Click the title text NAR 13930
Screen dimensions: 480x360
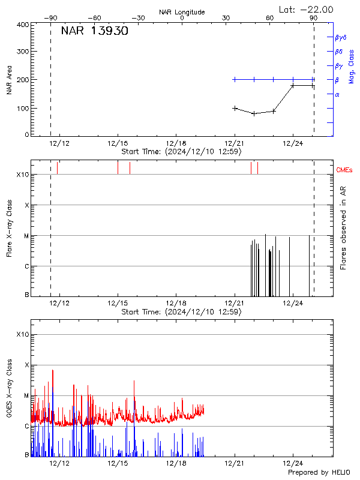[x=94, y=31]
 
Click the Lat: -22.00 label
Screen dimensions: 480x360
[x=307, y=10]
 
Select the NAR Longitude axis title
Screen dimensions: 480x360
[x=182, y=12]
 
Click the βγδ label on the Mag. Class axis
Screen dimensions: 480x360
[x=341, y=37]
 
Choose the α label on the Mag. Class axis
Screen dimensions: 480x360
[x=337, y=94]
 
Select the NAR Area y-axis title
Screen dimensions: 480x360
[x=9, y=80]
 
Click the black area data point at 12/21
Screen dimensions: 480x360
[x=235, y=108]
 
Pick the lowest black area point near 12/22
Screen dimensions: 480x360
[x=254, y=113]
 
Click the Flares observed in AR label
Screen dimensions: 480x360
[x=343, y=227]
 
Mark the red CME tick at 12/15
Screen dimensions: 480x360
[x=118, y=167]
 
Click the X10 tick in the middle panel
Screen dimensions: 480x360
[x=23, y=175]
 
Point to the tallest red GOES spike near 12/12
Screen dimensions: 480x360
[x=53, y=371]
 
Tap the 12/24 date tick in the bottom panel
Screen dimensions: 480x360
[x=293, y=463]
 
